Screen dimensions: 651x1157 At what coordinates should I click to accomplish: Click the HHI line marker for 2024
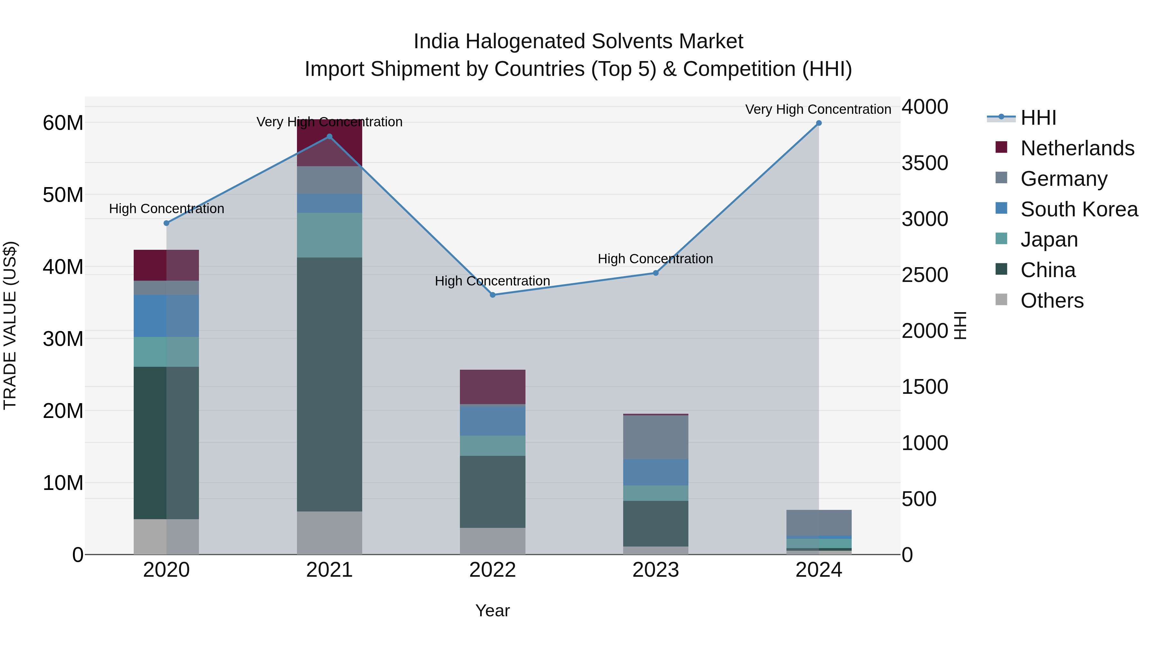coord(818,123)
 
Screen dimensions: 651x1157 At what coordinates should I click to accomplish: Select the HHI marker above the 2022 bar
coord(492,295)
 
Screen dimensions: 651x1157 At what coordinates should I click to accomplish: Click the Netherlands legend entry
coord(1077,148)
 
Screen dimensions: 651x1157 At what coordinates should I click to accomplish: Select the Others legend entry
coord(1052,301)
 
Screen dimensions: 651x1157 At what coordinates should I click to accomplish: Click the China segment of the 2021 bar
coord(329,384)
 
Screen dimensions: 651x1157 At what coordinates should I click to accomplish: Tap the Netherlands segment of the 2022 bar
coord(492,387)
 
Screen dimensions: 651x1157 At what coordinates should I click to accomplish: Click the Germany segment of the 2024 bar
coord(818,522)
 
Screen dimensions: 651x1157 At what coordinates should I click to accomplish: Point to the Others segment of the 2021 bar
coord(329,533)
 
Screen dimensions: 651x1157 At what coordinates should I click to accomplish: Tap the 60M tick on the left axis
coord(63,123)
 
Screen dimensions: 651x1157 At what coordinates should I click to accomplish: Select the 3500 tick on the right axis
coord(925,163)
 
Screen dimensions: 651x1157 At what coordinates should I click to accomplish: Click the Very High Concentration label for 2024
coord(818,110)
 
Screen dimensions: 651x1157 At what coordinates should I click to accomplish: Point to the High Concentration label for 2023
coord(655,259)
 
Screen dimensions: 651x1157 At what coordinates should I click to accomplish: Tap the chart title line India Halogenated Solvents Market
coord(578,41)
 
